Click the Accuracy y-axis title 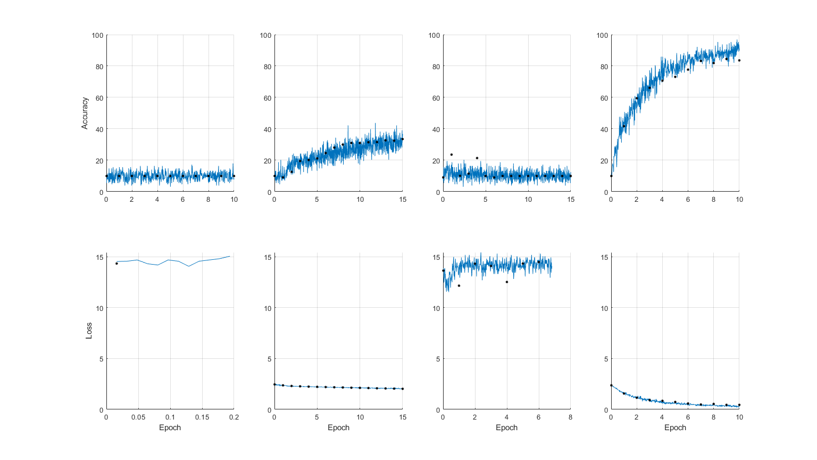[85, 113]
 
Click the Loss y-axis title [89, 331]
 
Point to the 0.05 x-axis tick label [138, 417]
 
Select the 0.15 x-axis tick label [202, 417]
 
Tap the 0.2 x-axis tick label [234, 417]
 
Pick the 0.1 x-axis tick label [170, 417]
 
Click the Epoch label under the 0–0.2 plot [170, 428]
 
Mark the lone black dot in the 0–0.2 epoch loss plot [116, 264]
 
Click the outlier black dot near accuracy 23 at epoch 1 [452, 155]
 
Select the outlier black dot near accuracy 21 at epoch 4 [477, 158]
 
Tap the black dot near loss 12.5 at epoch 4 [507, 282]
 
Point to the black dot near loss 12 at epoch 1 [459, 286]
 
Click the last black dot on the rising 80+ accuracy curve [739, 61]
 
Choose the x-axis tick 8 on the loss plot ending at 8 [571, 417]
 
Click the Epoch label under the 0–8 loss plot [506, 428]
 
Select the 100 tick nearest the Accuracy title [97, 36]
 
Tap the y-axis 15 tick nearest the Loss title [99, 257]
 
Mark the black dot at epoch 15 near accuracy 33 [402, 139]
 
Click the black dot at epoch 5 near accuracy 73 [675, 77]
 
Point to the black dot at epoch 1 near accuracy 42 [624, 126]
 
